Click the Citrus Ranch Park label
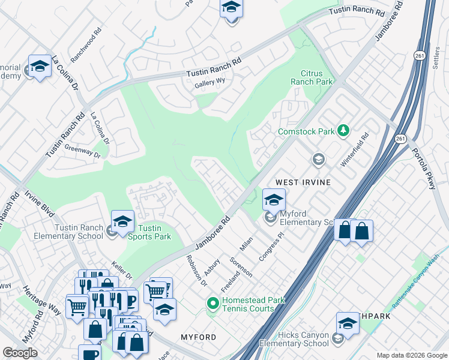312,77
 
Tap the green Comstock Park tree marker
343,130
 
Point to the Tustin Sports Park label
150,232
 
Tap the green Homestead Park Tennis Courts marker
212,304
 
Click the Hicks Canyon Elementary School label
294,339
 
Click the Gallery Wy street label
209,85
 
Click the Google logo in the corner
20,353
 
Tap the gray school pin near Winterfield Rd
318,160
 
